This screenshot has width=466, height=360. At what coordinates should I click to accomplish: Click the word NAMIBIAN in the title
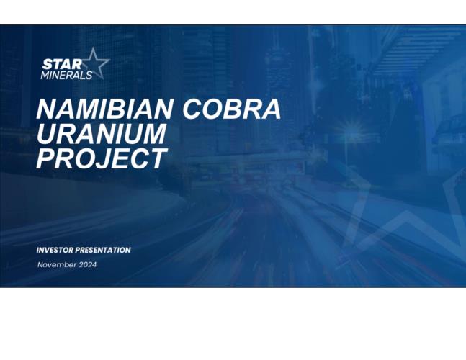point(104,109)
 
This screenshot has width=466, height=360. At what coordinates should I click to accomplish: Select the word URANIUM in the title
point(101,134)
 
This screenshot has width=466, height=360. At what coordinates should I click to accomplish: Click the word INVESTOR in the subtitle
point(55,250)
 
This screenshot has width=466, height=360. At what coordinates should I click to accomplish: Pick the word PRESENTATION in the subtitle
point(103,250)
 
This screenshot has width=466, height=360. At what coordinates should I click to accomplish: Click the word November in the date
point(56,265)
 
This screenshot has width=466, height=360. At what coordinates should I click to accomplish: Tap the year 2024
point(87,265)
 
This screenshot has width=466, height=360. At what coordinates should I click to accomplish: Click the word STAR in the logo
point(62,64)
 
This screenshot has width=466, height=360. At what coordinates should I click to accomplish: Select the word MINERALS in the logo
point(66,75)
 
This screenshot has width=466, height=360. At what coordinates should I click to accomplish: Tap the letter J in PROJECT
point(103,158)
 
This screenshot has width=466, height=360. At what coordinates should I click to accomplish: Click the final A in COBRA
point(271,109)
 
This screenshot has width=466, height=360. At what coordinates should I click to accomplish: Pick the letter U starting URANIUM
point(46,134)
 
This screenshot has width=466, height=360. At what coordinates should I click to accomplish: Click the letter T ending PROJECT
point(158,158)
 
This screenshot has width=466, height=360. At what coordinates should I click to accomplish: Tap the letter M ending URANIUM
point(153,134)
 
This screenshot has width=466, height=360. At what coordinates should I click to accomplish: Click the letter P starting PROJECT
point(45,158)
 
